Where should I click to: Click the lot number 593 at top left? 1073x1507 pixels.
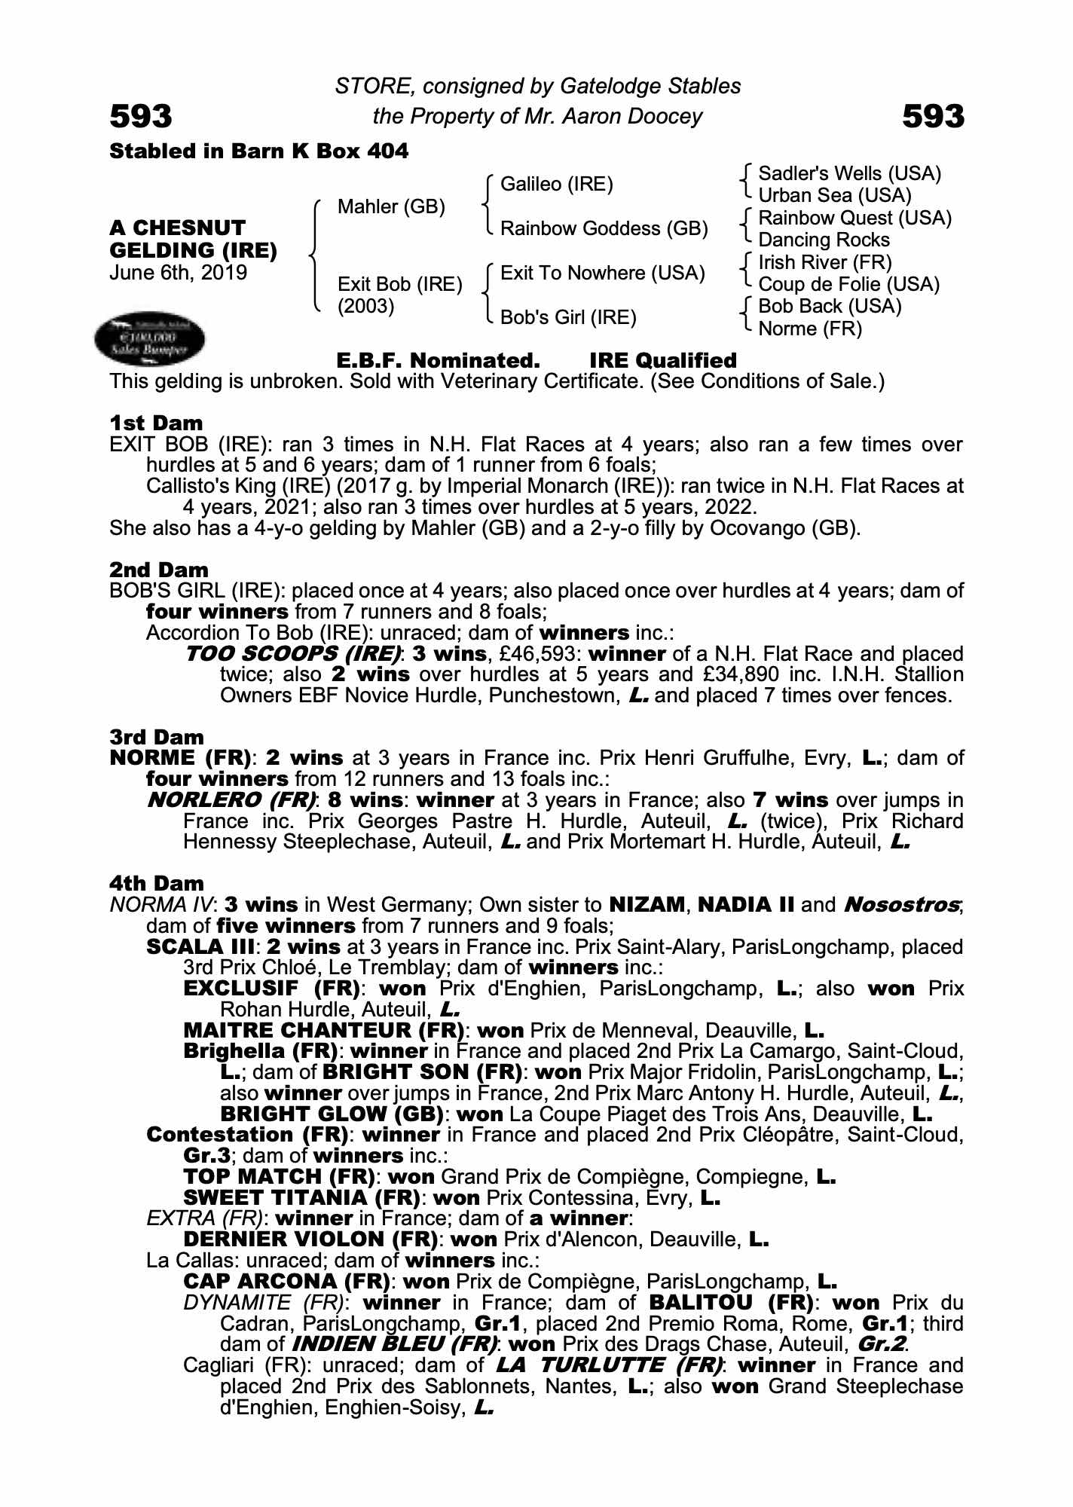(x=141, y=117)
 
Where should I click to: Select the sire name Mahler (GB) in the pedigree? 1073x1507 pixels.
(x=391, y=206)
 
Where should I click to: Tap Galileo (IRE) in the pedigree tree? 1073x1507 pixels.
(x=556, y=184)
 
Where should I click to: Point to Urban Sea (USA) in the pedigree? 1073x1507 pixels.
(x=834, y=196)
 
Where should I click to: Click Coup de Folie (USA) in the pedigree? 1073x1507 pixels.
(x=848, y=285)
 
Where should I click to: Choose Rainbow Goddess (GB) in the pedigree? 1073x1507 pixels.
(x=604, y=228)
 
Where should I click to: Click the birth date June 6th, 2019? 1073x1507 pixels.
(x=178, y=272)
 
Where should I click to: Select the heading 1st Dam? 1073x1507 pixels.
(x=156, y=423)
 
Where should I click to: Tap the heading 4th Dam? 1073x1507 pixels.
(x=157, y=883)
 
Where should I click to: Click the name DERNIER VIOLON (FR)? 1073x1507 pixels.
(x=310, y=1240)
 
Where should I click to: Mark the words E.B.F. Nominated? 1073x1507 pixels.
(x=438, y=361)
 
